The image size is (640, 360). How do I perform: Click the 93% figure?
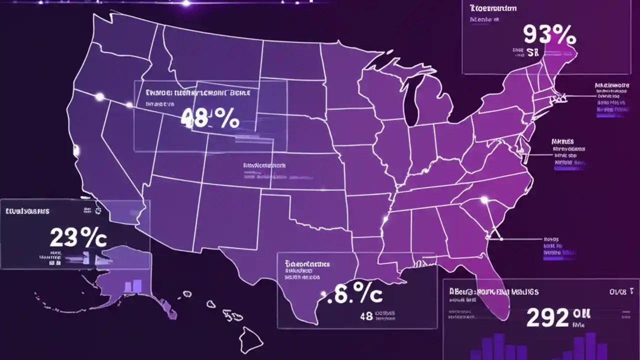click(x=549, y=35)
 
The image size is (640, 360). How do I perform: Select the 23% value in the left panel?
click(x=78, y=238)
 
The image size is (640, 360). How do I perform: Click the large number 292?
click(x=547, y=317)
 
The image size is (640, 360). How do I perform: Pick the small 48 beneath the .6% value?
click(x=366, y=316)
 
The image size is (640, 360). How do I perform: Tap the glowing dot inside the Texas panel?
click(x=323, y=294)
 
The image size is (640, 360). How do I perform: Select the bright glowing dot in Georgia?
click(x=483, y=200)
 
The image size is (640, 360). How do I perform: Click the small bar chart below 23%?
click(x=133, y=285)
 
